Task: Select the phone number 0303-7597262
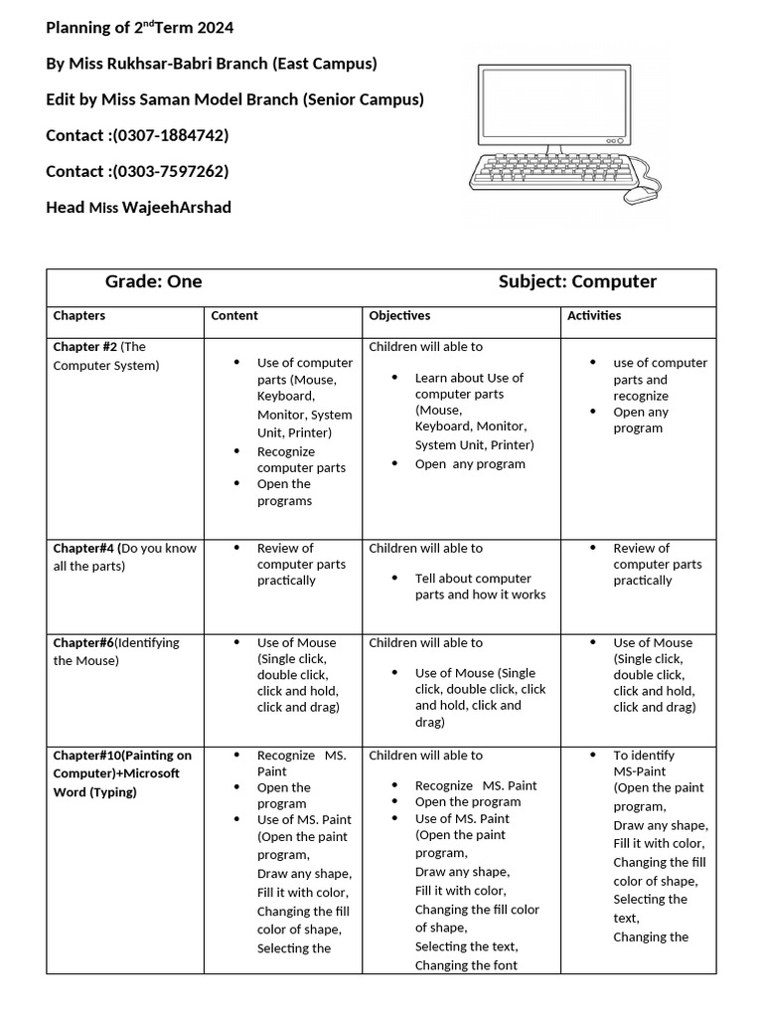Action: click(171, 171)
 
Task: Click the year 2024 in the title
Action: click(215, 28)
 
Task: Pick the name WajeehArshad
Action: click(176, 207)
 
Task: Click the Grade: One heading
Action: click(153, 282)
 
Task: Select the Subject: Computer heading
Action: click(577, 282)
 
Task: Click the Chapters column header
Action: click(79, 316)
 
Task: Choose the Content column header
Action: click(234, 316)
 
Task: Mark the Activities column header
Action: click(594, 316)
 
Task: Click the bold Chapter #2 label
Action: click(85, 347)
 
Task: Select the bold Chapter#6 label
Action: click(84, 643)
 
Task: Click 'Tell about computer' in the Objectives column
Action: click(473, 579)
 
